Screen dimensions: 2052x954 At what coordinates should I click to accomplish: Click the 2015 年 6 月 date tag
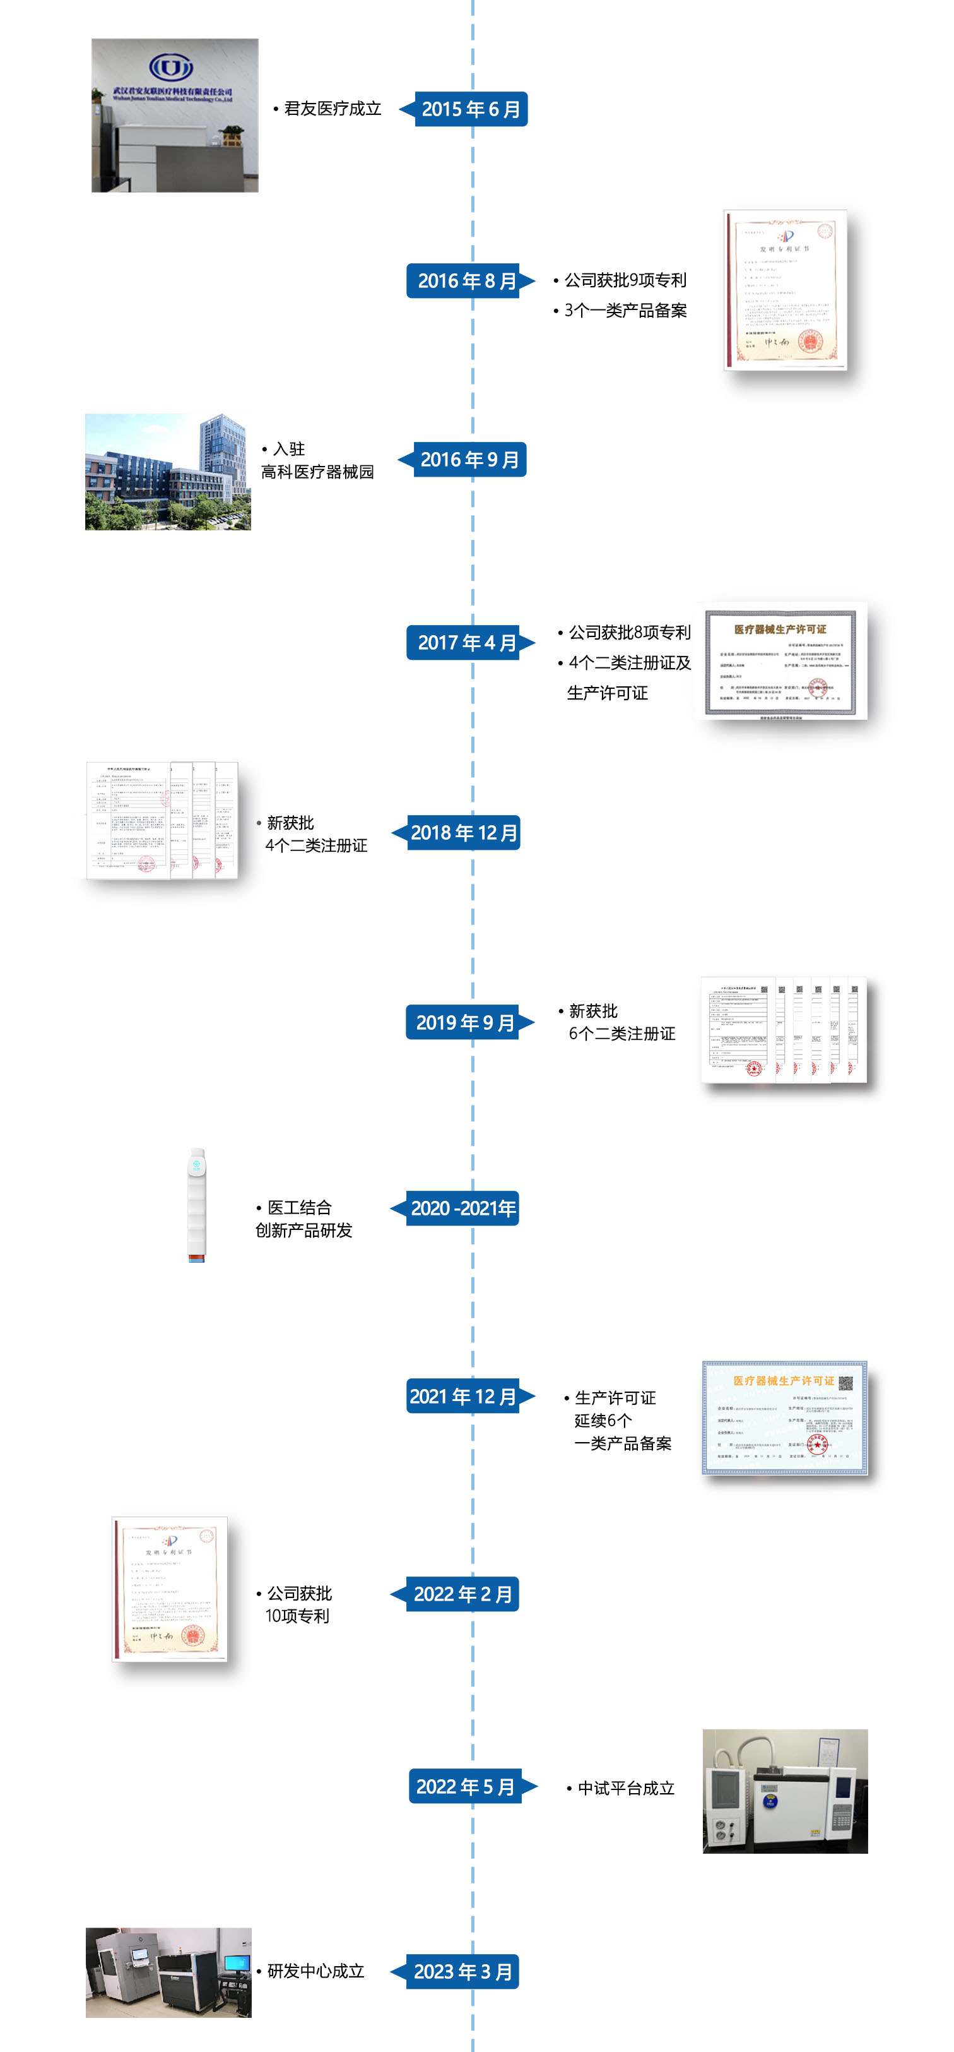[x=470, y=109]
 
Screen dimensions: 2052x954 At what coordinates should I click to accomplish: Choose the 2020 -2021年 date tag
[x=462, y=1208]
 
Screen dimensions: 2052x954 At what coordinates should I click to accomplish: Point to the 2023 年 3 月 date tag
[x=462, y=1972]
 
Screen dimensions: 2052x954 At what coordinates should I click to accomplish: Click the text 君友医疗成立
[x=332, y=109]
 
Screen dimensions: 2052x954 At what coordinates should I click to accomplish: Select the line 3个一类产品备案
[x=625, y=311]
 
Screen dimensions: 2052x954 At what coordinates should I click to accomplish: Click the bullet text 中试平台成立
[x=626, y=1787]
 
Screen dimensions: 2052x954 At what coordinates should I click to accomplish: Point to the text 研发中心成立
[x=315, y=1971]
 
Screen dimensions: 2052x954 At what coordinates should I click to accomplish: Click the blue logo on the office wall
[x=171, y=68]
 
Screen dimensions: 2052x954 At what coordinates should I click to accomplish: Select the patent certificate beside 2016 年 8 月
[x=785, y=290]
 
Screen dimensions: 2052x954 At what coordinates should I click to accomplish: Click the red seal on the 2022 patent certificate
[x=192, y=1636]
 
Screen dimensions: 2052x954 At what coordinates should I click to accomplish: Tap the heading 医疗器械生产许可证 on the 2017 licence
[x=780, y=629]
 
